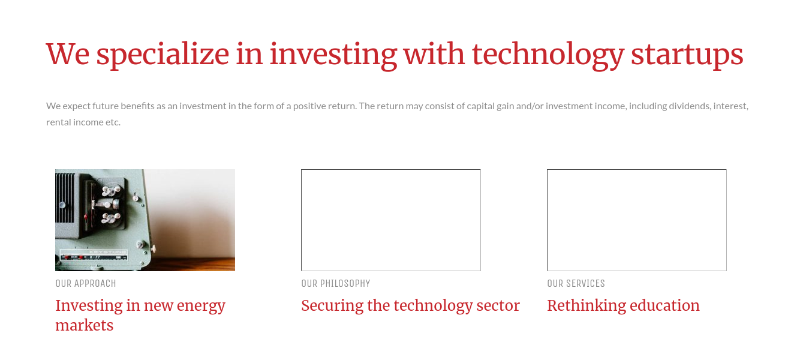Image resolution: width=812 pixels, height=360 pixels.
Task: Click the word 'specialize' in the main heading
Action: tap(163, 55)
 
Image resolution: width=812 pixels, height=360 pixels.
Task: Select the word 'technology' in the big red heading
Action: tap(548, 55)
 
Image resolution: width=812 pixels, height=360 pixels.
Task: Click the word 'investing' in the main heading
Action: tap(333, 55)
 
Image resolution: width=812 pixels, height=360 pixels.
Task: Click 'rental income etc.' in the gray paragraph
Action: tap(83, 122)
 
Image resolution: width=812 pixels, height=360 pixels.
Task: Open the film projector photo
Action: tap(145, 220)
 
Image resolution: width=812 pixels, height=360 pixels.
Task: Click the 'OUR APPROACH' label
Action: tap(86, 284)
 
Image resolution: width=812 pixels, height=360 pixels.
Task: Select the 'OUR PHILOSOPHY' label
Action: tap(336, 284)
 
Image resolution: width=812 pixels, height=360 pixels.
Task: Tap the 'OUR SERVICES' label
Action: tap(576, 284)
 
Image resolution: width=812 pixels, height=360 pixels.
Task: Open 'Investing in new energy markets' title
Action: tap(140, 315)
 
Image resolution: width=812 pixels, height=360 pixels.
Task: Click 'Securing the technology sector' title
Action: tap(410, 305)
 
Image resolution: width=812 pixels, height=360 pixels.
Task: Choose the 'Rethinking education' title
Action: tap(623, 305)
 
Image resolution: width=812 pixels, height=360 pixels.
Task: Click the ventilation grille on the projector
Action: tap(65, 197)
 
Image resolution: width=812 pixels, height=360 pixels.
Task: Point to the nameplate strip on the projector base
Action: tap(94, 255)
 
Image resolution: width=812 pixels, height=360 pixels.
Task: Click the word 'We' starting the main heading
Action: tap(67, 55)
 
